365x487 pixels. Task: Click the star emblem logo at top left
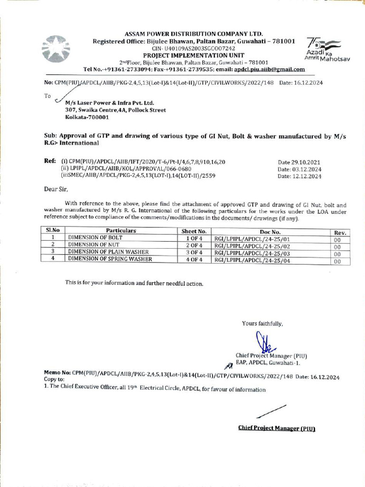click(56, 49)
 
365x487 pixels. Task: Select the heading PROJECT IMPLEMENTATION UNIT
click(193, 55)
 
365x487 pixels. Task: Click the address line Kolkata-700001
click(87, 117)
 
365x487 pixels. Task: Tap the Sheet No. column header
click(194, 231)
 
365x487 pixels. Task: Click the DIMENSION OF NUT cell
click(93, 244)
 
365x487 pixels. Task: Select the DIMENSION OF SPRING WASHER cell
click(110, 259)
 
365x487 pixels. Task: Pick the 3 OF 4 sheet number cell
click(194, 252)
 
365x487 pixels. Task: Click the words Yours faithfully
click(262, 324)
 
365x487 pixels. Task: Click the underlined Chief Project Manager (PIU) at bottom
click(277, 428)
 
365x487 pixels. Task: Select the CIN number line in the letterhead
click(193, 49)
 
